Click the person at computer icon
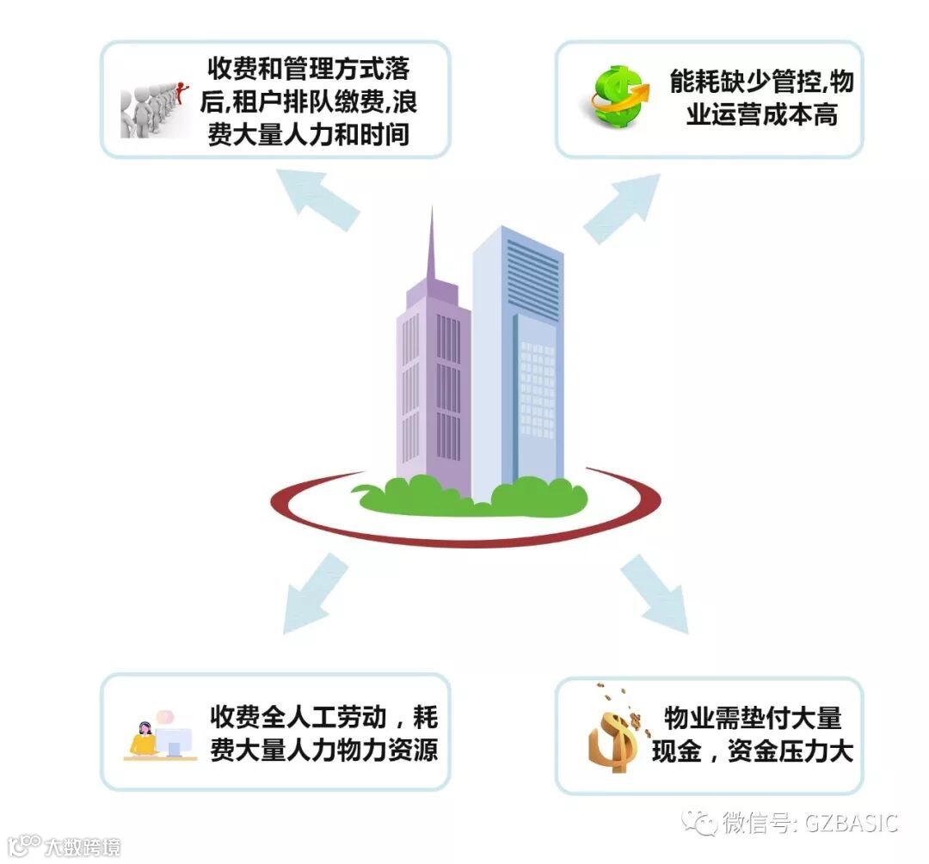pyautogui.click(x=160, y=736)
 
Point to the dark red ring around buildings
pyautogui.click(x=464, y=533)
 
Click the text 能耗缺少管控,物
pyautogui.click(x=762, y=83)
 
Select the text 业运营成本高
pyautogui.click(x=762, y=115)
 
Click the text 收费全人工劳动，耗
pyautogui.click(x=323, y=716)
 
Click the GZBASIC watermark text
pyautogui.click(x=852, y=822)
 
